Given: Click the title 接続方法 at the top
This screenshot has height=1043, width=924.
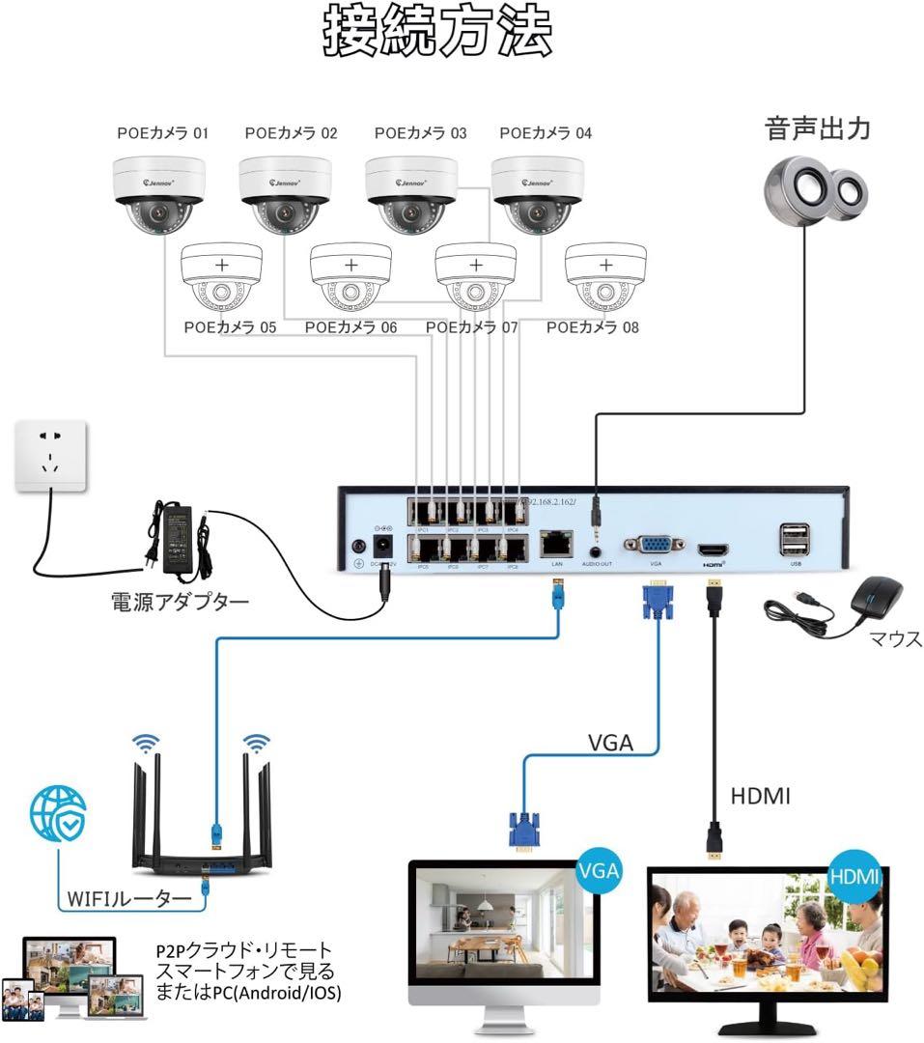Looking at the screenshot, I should [x=437, y=34].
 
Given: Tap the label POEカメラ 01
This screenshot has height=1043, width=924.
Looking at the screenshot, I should [x=163, y=133].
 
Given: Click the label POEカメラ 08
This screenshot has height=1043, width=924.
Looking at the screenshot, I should [x=592, y=327].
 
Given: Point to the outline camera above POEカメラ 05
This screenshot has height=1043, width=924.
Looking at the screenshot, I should [x=221, y=275].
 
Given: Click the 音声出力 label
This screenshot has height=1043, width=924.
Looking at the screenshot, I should [x=817, y=128].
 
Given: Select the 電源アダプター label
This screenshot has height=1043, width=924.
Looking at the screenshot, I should [x=181, y=603].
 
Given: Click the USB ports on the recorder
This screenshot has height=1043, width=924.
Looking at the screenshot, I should [x=795, y=540].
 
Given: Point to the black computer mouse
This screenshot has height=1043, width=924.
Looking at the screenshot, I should [x=878, y=599].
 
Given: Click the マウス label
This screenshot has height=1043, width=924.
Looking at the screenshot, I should [x=895, y=639].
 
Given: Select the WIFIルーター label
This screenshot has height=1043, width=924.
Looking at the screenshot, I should [x=130, y=898].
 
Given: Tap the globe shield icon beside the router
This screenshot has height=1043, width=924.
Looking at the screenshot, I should [x=58, y=811].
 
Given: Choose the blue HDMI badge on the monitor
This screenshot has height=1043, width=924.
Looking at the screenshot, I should [x=854, y=877].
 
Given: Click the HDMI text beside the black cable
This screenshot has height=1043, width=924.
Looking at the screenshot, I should [x=760, y=797].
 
